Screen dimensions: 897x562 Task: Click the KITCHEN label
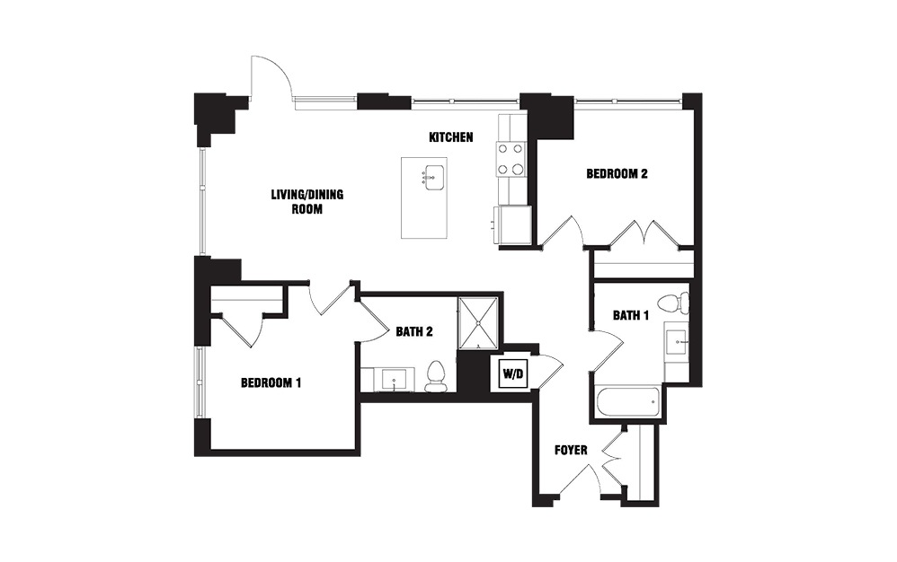[451, 137]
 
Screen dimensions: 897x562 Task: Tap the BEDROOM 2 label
[617, 173]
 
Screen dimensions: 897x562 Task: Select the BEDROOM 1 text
[271, 382]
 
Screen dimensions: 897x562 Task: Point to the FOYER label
[571, 450]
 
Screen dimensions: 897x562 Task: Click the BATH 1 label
[630, 315]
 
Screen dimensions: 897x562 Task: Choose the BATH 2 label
[414, 331]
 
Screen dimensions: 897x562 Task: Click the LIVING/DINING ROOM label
[307, 202]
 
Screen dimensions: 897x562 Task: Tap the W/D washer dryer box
[513, 374]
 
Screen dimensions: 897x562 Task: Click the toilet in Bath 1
[672, 303]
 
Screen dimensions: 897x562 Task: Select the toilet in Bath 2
[435, 377]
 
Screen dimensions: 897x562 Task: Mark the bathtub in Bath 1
[628, 404]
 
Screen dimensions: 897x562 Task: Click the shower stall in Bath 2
[477, 322]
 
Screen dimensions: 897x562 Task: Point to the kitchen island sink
[433, 178]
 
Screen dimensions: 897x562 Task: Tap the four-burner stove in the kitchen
[511, 159]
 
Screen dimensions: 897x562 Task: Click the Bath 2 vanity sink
[394, 381]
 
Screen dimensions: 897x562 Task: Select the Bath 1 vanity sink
[677, 343]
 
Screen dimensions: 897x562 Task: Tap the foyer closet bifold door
[611, 460]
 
